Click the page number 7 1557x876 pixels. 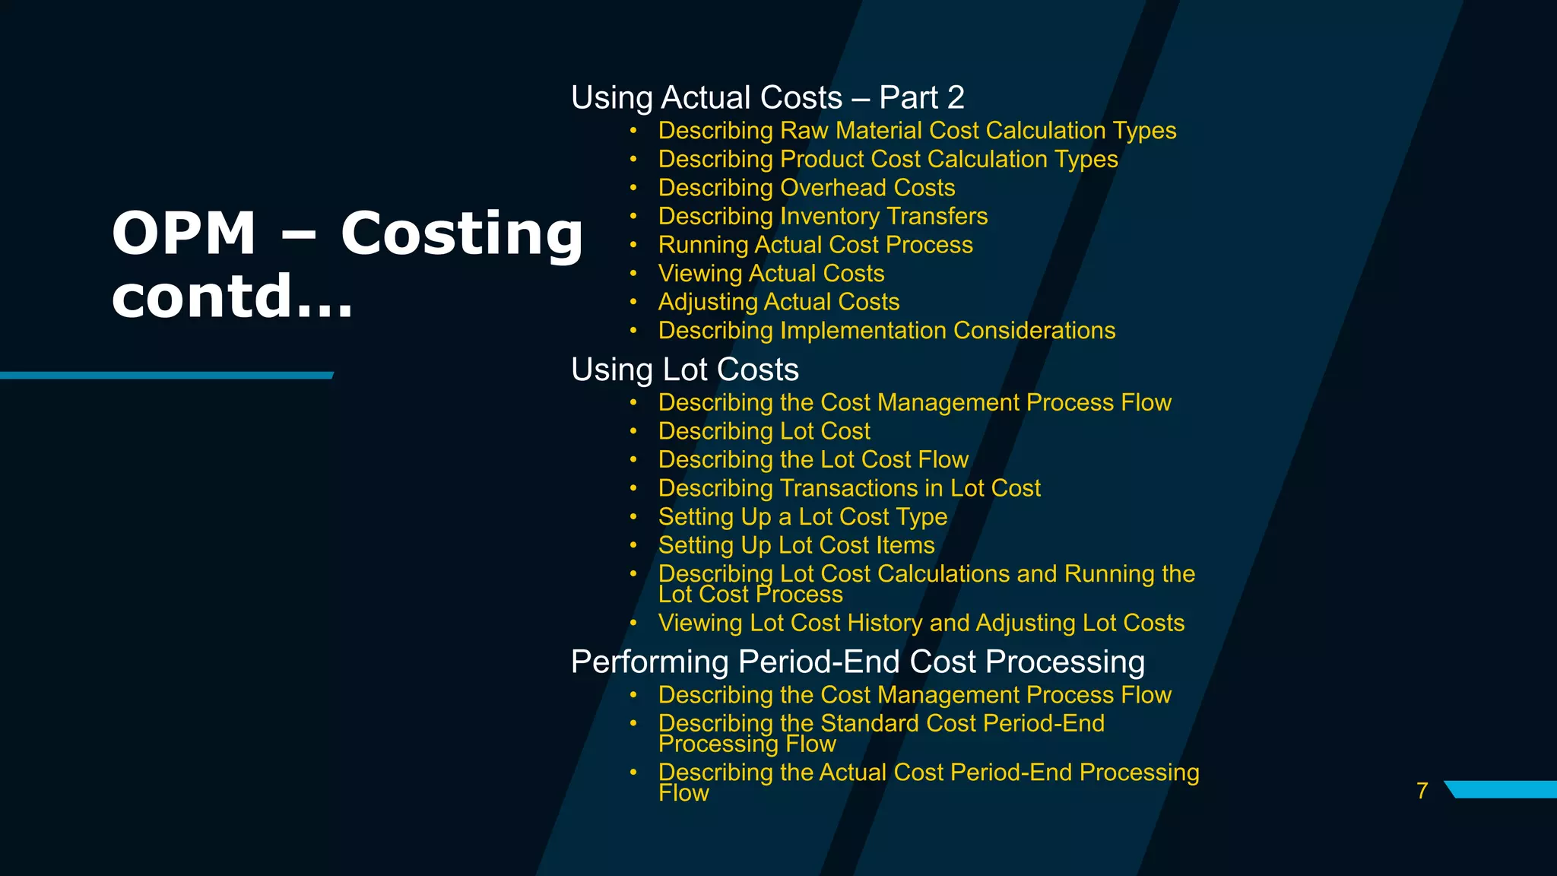1422,791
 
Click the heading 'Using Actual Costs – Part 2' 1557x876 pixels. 767,98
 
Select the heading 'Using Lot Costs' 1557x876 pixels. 684,370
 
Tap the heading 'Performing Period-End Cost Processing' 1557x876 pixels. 857,662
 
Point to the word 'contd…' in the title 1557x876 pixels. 232,297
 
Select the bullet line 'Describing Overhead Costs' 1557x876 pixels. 806,188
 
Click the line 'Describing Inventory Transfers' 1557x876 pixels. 823,217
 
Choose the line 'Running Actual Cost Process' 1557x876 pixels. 815,245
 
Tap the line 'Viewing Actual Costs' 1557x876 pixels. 771,274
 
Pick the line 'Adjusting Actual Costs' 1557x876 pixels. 778,302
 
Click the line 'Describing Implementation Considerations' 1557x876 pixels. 886,331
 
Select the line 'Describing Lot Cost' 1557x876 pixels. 763,431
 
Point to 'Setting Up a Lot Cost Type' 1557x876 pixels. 802,517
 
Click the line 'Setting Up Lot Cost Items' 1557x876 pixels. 796,545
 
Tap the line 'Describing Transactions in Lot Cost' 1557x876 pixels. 848,488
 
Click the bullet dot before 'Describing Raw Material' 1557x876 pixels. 633,131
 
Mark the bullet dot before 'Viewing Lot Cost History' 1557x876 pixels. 633,624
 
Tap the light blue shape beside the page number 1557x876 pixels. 1502,789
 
